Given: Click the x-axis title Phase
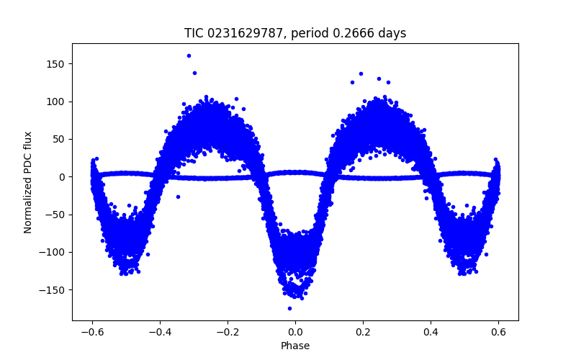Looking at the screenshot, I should click(295, 346).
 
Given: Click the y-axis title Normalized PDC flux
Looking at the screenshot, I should click(28, 182).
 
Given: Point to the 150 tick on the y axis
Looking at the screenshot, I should click(56, 64).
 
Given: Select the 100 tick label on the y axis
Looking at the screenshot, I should click(56, 102).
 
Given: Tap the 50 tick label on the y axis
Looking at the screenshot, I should click(59, 139).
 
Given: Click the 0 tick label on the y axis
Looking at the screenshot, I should click(62, 177).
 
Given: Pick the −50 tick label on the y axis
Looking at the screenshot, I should click(55, 215).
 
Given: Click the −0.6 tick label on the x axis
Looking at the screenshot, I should click(92, 332).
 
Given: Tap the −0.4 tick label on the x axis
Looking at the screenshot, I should click(160, 332).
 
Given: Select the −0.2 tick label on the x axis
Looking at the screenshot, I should click(228, 332).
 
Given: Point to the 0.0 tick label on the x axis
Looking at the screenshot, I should click(295, 332).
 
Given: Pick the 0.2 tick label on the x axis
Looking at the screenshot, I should click(363, 332).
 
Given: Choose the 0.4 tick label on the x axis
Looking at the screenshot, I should click(431, 332).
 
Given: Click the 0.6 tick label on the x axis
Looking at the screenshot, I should click(498, 332).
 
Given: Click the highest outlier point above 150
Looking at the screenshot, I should click(189, 55).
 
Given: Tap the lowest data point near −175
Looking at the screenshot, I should click(289, 308).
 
